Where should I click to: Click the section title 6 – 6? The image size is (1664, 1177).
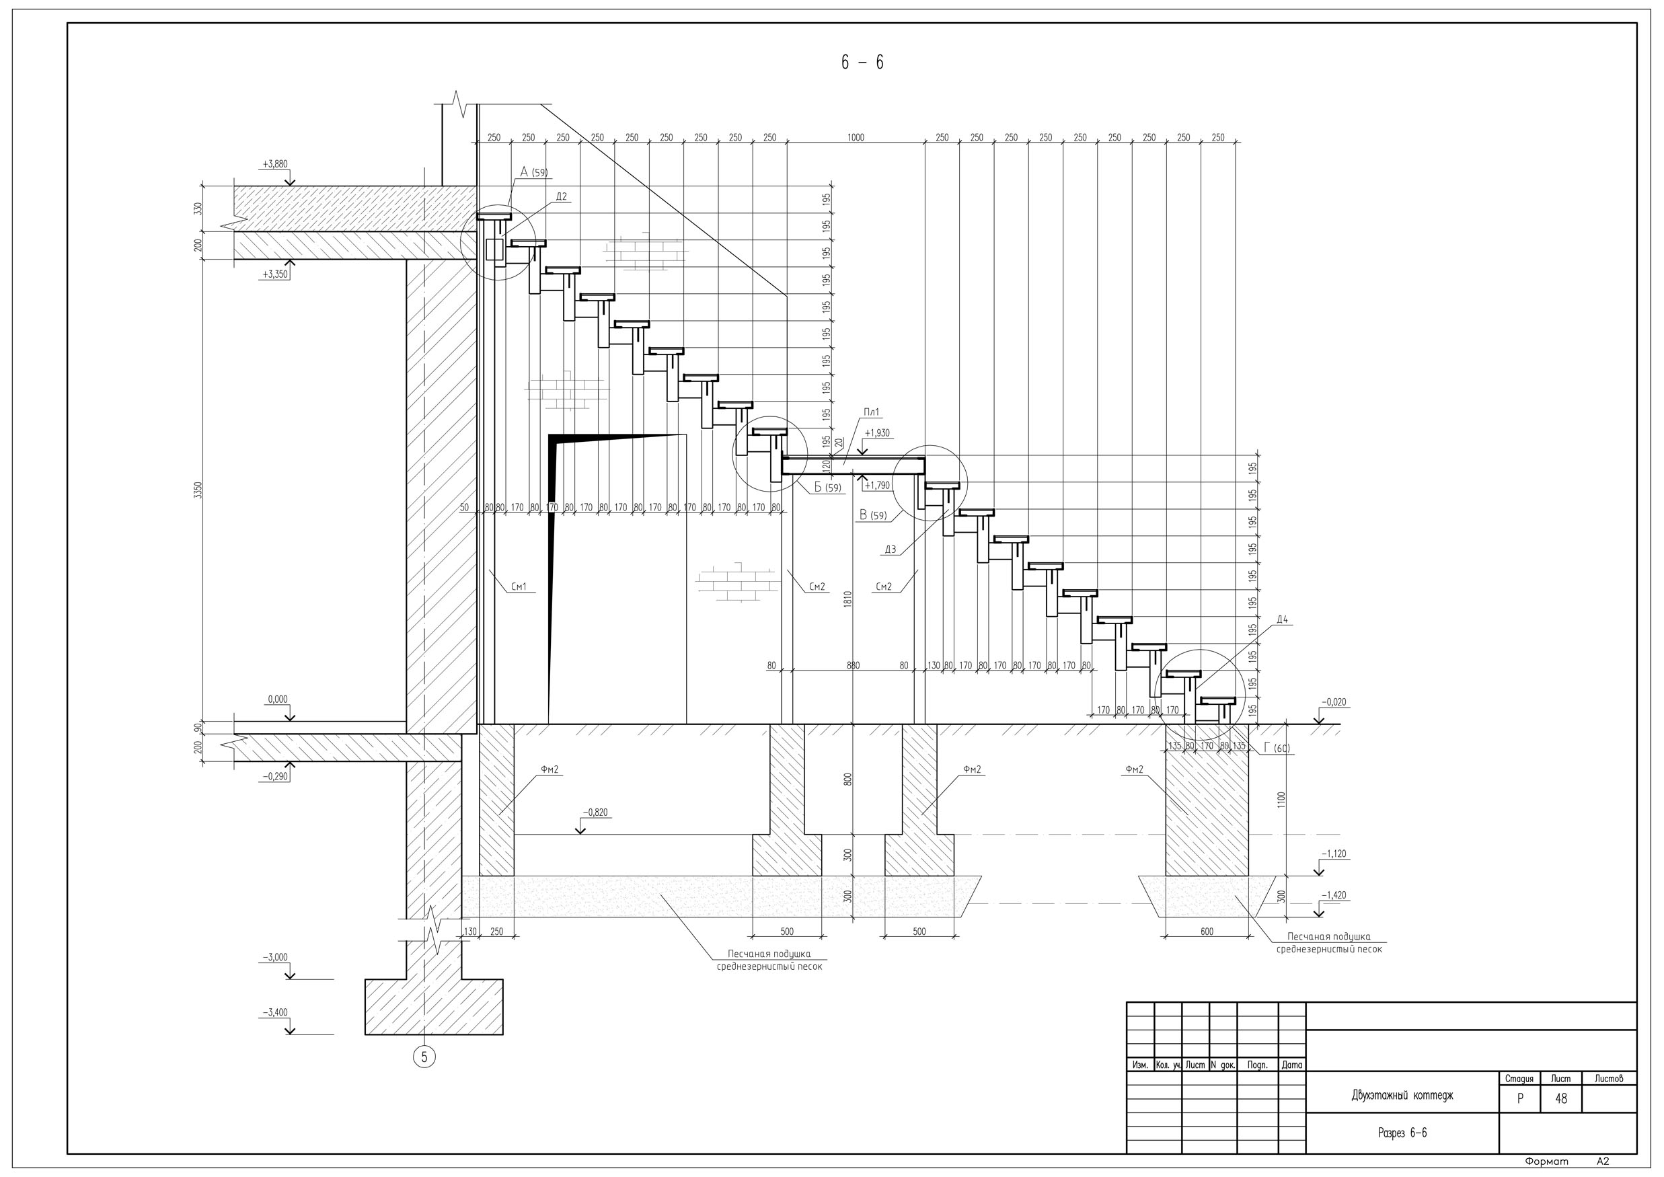pos(862,63)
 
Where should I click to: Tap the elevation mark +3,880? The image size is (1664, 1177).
pos(274,165)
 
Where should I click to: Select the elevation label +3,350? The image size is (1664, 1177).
pos(274,274)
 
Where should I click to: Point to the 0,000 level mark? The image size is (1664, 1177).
pos(278,699)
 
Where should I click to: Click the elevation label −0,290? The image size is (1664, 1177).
pos(274,776)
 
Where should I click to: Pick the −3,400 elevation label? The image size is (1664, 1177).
pos(274,1012)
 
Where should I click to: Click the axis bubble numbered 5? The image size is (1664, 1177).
pos(424,1057)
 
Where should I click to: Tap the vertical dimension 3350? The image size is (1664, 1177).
pos(198,490)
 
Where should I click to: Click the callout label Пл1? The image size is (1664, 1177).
pos(871,412)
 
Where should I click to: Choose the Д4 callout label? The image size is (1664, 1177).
pos(1282,619)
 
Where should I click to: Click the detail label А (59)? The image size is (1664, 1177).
pos(533,172)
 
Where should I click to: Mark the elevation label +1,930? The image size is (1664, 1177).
pos(877,433)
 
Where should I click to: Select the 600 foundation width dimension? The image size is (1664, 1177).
pos(1206,932)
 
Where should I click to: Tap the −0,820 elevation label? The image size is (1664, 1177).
pos(595,812)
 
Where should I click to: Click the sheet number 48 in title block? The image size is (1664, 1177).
pos(1560,1099)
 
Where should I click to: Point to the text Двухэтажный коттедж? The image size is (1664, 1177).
pos(1402,1095)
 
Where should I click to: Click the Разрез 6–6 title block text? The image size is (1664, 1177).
pos(1402,1133)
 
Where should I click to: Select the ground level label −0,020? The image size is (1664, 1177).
pos(1334,702)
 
